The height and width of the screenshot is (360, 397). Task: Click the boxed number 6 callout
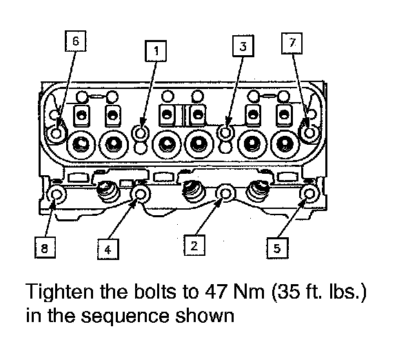(75, 41)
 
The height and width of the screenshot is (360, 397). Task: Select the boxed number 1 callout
(156, 50)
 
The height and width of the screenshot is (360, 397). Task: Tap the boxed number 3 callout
(243, 46)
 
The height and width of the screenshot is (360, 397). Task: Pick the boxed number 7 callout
(292, 43)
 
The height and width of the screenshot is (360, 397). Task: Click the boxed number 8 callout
(45, 248)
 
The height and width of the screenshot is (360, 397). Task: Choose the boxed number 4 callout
(108, 249)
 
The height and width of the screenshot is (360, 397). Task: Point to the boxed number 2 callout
(194, 246)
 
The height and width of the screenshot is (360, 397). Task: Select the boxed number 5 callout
(277, 248)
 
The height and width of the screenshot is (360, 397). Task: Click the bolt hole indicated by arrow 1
(141, 132)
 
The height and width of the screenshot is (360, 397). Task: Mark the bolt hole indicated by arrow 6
(57, 133)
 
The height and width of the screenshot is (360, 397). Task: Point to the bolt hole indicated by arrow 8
(57, 194)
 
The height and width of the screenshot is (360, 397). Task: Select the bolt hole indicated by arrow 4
(141, 194)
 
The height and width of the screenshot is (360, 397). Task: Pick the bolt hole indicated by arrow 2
(225, 194)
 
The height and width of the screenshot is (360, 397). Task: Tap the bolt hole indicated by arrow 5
(309, 194)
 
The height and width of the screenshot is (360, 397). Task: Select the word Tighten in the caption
(60, 292)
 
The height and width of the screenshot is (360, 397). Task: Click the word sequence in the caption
(125, 317)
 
